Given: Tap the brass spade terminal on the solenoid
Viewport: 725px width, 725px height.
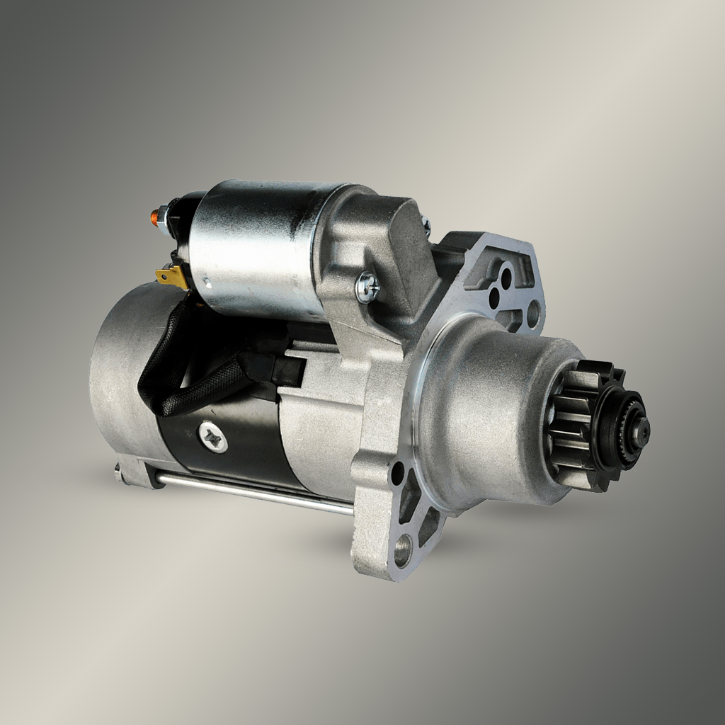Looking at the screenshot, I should tap(171, 278).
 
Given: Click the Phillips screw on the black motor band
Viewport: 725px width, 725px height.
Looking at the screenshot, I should tap(213, 436).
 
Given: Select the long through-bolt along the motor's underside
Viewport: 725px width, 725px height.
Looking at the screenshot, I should tap(255, 494).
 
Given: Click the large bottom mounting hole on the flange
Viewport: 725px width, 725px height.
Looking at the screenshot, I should tap(403, 549).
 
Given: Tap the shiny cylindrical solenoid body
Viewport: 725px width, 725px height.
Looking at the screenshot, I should tap(255, 248).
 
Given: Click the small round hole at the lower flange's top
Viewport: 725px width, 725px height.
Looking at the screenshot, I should tap(398, 472).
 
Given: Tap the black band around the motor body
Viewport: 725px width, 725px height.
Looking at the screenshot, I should tap(234, 453).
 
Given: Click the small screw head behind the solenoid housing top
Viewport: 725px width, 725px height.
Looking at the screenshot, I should tap(426, 226).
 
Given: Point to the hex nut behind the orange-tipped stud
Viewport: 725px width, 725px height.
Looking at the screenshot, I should tap(164, 212).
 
